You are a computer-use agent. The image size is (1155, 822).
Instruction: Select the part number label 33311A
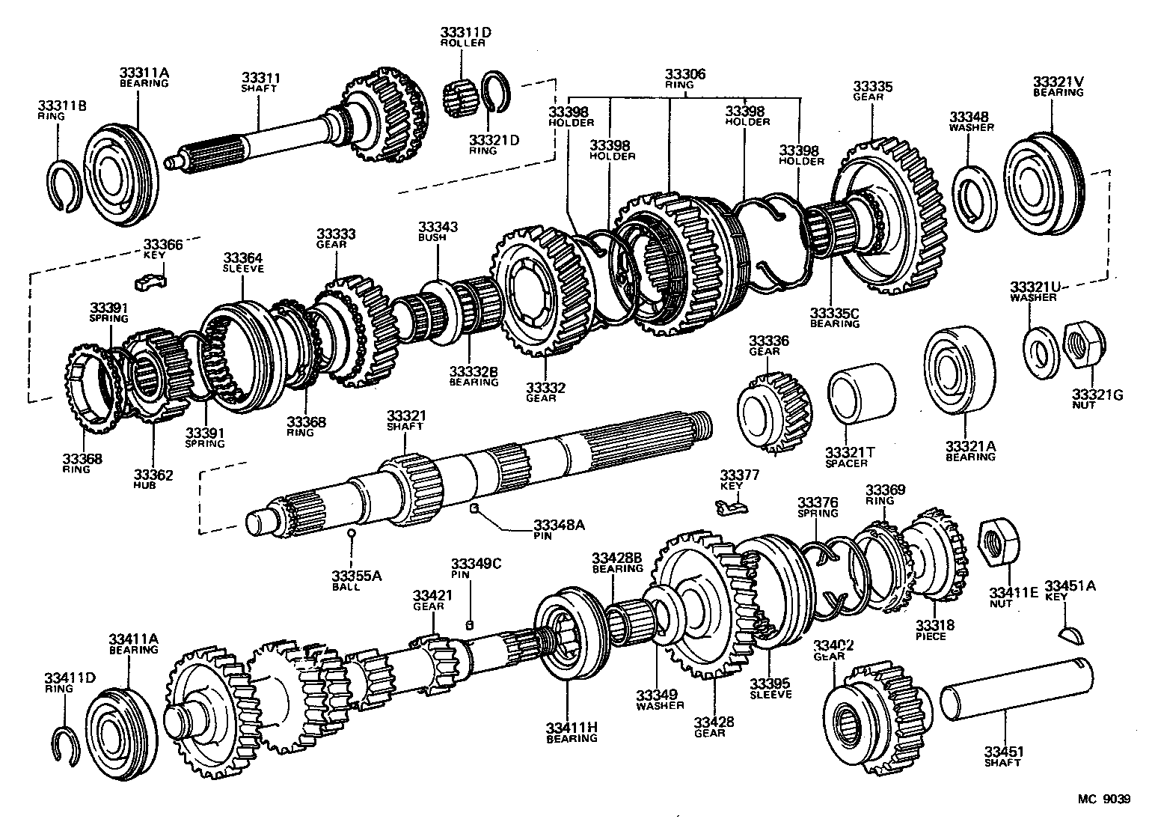tap(144, 73)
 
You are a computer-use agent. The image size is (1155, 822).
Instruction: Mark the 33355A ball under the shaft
tap(351, 534)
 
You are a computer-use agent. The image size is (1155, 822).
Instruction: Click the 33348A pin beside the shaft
tap(474, 509)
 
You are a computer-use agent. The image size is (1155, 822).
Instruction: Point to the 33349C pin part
tap(471, 625)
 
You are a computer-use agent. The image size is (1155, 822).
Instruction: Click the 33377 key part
tap(731, 508)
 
